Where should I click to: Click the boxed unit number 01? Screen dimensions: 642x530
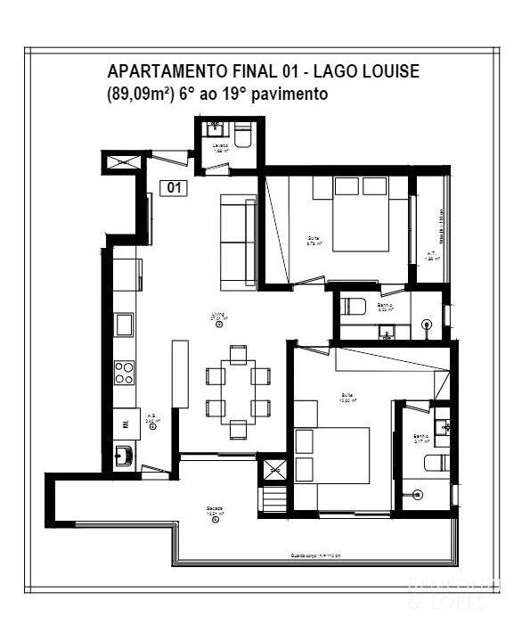click(x=175, y=187)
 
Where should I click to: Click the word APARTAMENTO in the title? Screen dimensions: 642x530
click(x=157, y=71)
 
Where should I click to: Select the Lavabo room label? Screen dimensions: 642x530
click(x=221, y=147)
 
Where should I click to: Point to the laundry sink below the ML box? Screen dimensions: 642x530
click(x=127, y=456)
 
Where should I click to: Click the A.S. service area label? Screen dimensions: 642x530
click(x=152, y=417)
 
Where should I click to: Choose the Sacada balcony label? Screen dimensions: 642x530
click(x=215, y=511)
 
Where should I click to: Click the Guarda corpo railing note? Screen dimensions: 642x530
click(x=315, y=556)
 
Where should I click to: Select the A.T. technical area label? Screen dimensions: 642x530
click(x=431, y=254)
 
